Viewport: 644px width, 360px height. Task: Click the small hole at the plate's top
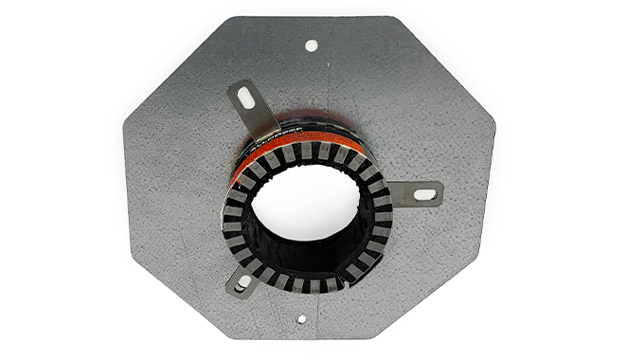pos(311,45)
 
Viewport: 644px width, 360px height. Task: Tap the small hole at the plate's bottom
pos(301,318)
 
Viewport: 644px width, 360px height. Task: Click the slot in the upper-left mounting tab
pos(244,97)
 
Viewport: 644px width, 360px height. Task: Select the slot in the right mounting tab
pos(425,194)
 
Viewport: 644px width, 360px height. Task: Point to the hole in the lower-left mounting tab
pos(241,281)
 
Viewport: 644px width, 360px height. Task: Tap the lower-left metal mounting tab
pos(245,278)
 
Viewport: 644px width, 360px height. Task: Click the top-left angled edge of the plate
pos(174,67)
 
